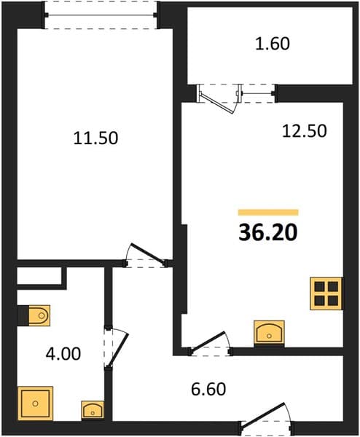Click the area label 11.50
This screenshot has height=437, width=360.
tap(95, 138)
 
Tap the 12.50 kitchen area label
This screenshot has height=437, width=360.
tap(304, 131)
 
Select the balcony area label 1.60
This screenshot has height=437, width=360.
tap(273, 44)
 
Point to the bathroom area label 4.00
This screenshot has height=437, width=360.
tap(63, 354)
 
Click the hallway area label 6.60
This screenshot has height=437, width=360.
tap(208, 389)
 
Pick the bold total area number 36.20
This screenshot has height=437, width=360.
tap(268, 232)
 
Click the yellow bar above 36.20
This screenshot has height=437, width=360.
tap(268, 213)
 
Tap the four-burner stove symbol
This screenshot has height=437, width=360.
tap(326, 294)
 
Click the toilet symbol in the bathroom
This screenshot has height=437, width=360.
tap(39, 315)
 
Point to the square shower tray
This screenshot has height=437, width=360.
tap(35, 403)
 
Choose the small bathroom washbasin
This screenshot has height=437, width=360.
tap(93, 409)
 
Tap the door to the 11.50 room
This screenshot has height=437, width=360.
tap(146, 256)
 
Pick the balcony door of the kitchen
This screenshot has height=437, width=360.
tap(218, 99)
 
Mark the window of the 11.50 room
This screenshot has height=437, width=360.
tap(101, 15)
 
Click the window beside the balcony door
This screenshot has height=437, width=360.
tap(258, 93)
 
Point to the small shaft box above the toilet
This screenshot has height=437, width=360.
tap(39, 276)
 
